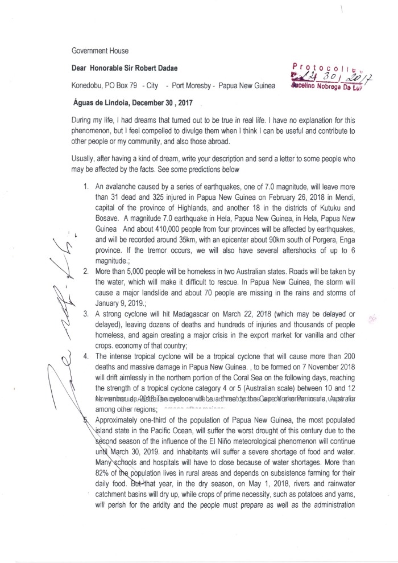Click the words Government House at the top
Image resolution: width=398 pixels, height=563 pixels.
(100, 51)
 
